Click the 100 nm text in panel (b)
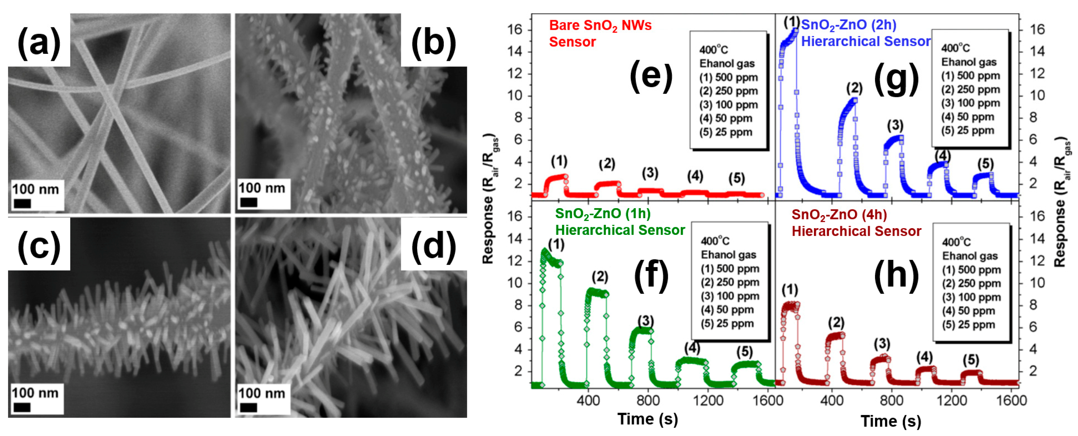(x=262, y=188)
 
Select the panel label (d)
(x=434, y=246)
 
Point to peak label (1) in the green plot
(x=556, y=245)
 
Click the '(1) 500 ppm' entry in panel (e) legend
(x=728, y=78)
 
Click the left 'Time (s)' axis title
(x=647, y=419)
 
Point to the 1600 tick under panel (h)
(x=1011, y=400)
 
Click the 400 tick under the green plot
(x=588, y=400)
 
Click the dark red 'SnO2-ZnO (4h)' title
(x=839, y=215)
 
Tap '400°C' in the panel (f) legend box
(x=715, y=241)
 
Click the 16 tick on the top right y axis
(x=1037, y=29)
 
